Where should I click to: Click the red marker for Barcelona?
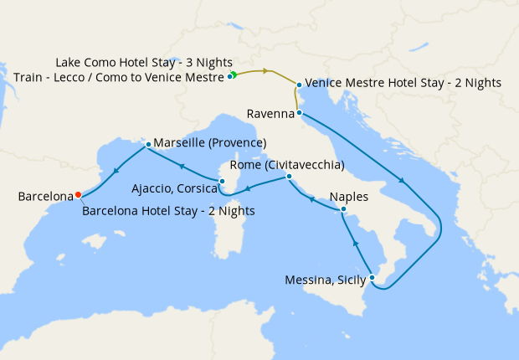[x=78, y=194]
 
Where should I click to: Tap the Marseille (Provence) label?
[x=210, y=142]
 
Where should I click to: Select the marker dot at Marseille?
[x=148, y=144]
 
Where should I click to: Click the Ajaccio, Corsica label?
[x=175, y=190]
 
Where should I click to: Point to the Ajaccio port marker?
[x=222, y=180]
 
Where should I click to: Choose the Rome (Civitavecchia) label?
[x=286, y=164]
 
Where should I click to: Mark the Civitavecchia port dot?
[x=288, y=177]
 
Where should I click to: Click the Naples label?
[x=349, y=197]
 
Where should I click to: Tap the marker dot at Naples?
[x=343, y=209]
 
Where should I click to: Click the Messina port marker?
[x=372, y=278]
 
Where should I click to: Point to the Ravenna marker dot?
[x=298, y=113]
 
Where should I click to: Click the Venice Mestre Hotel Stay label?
[x=403, y=83]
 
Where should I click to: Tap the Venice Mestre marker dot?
[x=299, y=84]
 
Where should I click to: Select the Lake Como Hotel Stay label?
[x=144, y=63]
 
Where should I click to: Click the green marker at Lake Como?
[x=234, y=75]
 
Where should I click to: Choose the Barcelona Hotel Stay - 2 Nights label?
[x=168, y=210]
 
